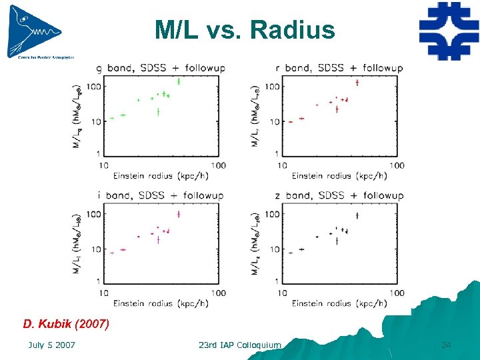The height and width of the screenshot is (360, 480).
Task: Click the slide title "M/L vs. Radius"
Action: (244, 30)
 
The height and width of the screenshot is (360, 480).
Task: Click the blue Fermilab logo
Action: (449, 31)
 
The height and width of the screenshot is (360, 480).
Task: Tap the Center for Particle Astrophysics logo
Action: (37, 31)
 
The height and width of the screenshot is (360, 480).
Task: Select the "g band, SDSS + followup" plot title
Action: (161, 68)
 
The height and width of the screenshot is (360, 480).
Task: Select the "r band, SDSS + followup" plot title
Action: (339, 68)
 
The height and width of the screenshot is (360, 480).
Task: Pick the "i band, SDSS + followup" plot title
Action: (161, 195)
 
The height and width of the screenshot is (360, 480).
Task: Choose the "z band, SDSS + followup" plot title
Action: (339, 195)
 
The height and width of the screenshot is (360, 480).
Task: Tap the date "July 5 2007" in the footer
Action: (51, 345)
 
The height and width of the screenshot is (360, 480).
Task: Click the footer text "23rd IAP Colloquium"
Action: (240, 345)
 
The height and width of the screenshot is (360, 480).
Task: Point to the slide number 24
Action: (446, 345)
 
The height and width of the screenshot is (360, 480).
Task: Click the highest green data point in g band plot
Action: (179, 81)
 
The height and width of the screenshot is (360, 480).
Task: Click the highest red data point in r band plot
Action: (358, 83)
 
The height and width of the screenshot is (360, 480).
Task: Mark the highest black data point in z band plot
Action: (358, 215)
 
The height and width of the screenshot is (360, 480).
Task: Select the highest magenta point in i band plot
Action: (179, 214)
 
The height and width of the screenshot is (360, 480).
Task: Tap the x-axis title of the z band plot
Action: (339, 303)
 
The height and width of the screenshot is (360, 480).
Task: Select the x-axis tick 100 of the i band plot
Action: (218, 293)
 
